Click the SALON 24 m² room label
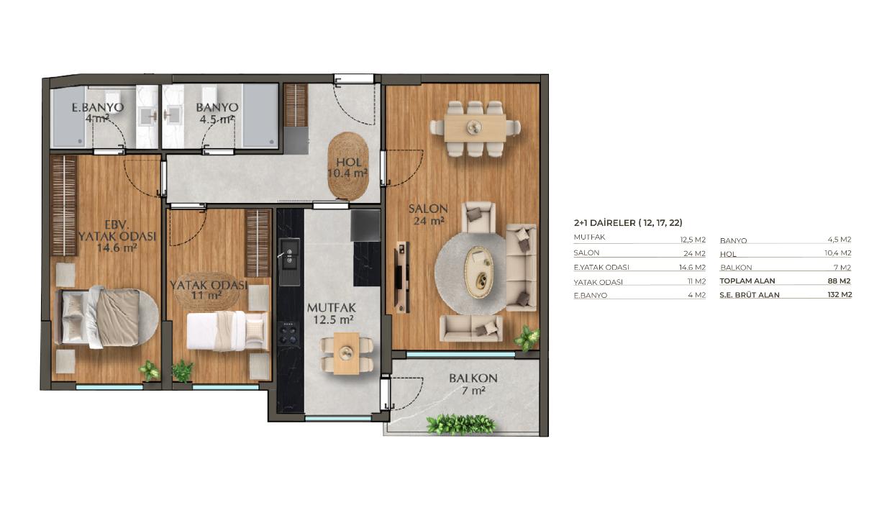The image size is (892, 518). tap(428, 214)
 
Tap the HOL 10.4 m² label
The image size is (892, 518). tap(347, 168)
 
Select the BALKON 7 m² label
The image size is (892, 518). tap(473, 384)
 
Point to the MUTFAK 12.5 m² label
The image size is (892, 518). tap(332, 314)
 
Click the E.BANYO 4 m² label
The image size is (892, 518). tap(98, 113)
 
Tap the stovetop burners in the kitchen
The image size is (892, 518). tap(288, 333)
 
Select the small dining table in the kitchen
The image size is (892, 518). tap(346, 353)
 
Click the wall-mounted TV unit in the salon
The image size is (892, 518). tap(401, 277)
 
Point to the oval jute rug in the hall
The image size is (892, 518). tap(348, 165)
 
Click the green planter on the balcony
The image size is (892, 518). tap(460, 424)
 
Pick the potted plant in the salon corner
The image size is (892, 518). tap(527, 339)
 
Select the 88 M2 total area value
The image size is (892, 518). tap(839, 281)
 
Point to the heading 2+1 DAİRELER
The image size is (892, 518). tap(604, 222)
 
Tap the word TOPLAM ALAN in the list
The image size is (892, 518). tap(747, 281)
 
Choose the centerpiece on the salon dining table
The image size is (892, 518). tap(474, 127)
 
